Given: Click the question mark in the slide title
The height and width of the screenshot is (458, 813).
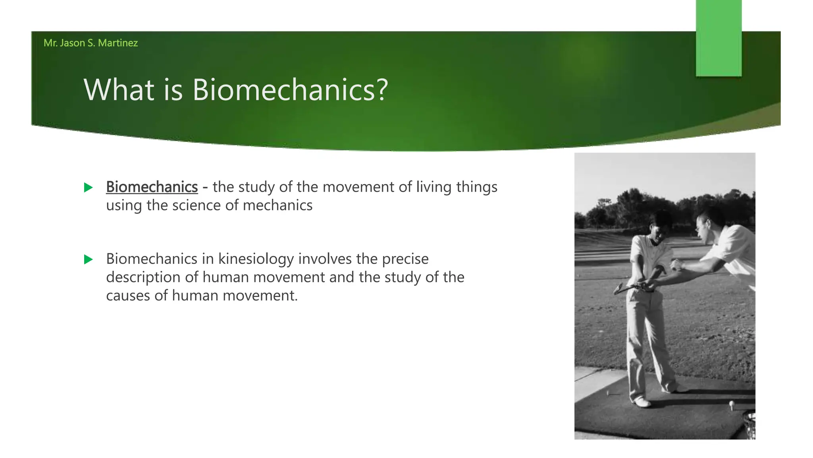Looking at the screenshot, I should point(382,90).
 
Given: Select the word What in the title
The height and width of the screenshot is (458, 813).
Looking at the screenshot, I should point(119,90).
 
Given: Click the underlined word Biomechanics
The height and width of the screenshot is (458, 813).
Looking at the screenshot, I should point(152,187).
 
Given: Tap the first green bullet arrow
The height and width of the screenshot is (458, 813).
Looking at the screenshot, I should point(88,188).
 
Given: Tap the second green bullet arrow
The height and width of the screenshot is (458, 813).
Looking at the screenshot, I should point(88,260).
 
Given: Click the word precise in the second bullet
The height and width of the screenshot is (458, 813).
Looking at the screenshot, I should point(405,259).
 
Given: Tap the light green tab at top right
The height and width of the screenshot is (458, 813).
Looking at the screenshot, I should point(719,38).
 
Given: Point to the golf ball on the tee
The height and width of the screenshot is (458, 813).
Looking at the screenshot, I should point(731,404).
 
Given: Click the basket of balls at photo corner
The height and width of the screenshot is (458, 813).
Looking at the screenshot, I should point(749,425).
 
